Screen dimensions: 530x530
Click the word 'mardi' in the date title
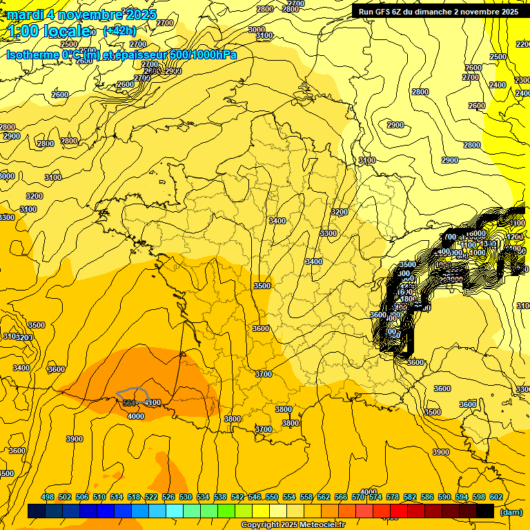tap(26, 14)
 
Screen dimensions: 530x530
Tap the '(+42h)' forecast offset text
tap(119, 30)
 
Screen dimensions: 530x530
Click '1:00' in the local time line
tap(23, 31)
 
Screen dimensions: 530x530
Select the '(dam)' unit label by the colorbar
tap(510, 512)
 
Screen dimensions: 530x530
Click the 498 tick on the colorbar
tap(48, 497)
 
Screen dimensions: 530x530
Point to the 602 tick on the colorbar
tap(495, 497)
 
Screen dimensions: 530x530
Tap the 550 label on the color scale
tap(272, 497)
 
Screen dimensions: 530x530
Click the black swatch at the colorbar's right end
tap(485, 511)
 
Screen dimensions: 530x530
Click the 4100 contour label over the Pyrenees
tap(153, 402)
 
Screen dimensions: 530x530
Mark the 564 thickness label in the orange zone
tap(129, 403)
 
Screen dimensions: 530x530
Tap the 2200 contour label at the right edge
tap(522, 44)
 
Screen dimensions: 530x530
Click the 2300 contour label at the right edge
tap(522, 80)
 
